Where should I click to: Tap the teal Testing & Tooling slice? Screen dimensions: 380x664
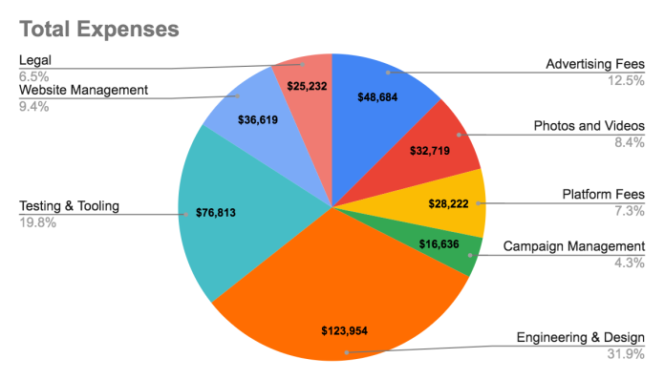[x=239, y=239]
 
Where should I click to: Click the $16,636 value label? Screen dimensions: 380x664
[x=444, y=246]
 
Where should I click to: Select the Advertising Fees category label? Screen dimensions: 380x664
[x=594, y=65]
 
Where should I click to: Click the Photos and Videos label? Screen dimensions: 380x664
[x=588, y=127]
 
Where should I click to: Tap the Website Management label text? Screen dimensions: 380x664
[x=84, y=90]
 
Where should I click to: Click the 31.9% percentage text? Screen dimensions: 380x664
[x=625, y=352]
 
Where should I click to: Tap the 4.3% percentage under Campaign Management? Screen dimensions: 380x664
[x=629, y=262]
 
